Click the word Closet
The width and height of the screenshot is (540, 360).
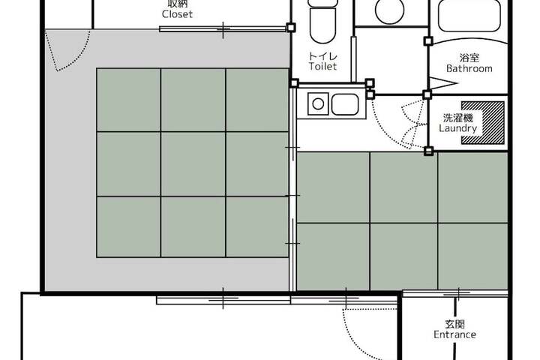pos(177,14)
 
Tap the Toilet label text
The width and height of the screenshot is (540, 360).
pos(322,66)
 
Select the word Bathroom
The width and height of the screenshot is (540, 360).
pos(469,68)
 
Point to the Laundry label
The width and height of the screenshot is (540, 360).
pos(457,128)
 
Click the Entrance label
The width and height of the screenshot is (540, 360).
pos(454,334)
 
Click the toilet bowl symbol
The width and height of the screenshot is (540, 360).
pos(322,25)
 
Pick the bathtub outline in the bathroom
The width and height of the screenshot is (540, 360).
pos(469,16)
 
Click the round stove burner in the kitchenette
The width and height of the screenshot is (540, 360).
pos(318,103)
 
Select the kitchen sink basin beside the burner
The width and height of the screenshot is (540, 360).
pos(345,104)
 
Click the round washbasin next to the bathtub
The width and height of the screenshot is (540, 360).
pos(389,10)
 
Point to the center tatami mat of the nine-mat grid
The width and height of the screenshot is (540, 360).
pos(193,164)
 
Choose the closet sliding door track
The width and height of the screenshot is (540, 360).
pos(223,29)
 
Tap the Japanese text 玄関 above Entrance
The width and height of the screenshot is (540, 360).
pos(454,324)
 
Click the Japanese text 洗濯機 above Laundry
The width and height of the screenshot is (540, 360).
pos(457,118)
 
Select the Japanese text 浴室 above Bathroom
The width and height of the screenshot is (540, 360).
pos(469,58)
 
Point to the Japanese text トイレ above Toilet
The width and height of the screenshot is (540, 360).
pos(322,55)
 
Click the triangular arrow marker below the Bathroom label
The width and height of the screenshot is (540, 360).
pos(442,83)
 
